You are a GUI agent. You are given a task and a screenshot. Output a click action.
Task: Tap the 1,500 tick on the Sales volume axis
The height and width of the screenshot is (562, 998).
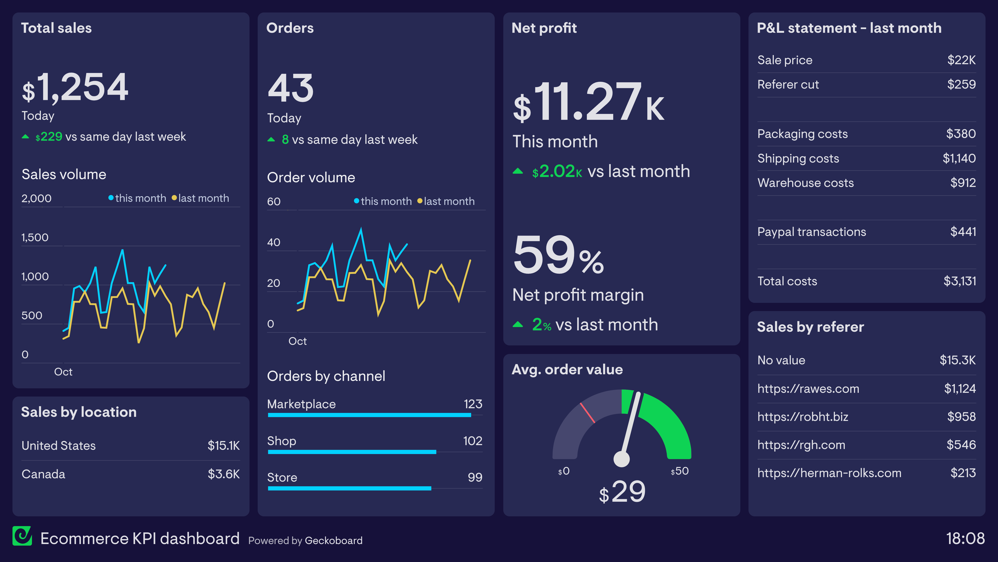tap(35, 237)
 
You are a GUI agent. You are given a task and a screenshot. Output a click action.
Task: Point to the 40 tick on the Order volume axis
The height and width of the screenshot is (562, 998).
tap(273, 242)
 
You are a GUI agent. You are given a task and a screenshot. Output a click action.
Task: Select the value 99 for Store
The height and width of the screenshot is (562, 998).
tap(475, 477)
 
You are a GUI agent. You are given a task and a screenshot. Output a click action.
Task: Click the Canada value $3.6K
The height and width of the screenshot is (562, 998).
tap(224, 474)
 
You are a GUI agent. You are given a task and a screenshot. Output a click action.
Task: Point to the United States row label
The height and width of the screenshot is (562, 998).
tap(58, 446)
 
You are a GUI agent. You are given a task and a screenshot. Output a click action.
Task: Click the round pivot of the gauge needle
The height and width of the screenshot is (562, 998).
tap(621, 459)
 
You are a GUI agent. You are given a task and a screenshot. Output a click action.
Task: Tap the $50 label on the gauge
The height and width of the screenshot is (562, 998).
tap(679, 471)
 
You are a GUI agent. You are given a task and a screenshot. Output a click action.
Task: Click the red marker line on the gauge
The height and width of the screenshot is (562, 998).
tap(587, 413)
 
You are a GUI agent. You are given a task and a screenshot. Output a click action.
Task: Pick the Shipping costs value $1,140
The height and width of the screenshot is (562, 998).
tap(959, 158)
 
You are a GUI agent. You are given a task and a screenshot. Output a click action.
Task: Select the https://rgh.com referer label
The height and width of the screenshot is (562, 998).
tap(801, 445)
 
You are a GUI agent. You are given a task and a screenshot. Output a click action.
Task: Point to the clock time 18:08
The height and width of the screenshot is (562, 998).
tap(965, 538)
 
